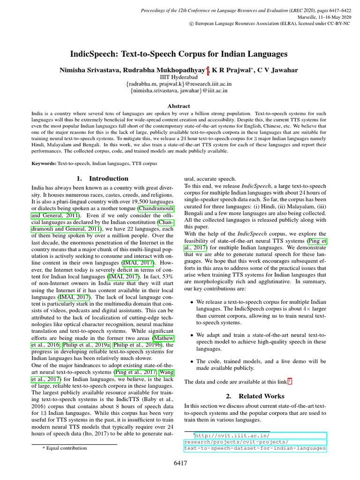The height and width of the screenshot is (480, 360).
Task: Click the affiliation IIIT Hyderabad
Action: click(x=180, y=77)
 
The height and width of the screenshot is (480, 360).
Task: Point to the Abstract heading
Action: click(x=179, y=106)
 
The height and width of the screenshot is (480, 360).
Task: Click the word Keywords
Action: click(x=44, y=163)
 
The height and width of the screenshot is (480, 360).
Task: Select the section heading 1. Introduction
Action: click(x=102, y=179)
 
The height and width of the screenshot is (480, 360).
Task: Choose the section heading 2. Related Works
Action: click(x=255, y=396)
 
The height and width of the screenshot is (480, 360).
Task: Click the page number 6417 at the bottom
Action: click(x=180, y=464)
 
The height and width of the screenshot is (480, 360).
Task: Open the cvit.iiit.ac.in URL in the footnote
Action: click(x=255, y=442)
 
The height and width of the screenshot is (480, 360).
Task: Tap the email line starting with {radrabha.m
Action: click(x=179, y=84)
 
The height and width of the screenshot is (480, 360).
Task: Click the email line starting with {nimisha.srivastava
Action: click(x=179, y=91)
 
